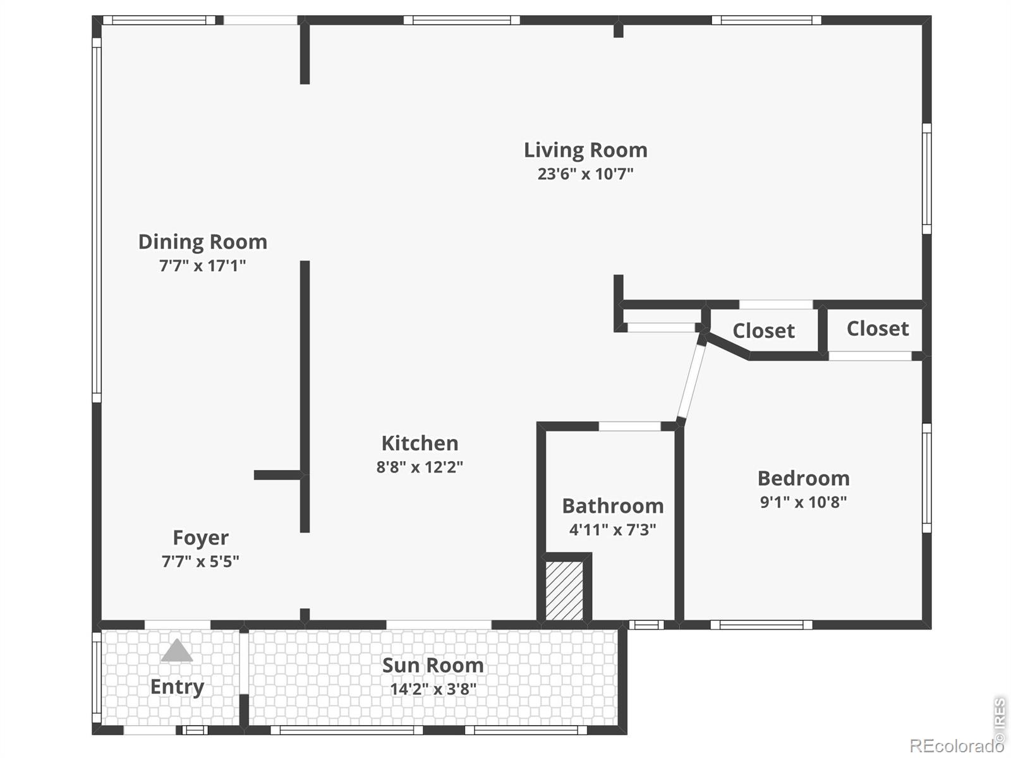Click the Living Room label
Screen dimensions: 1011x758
tap(585, 150)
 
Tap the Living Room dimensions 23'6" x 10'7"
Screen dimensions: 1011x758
tap(585, 174)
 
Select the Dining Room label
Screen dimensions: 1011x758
tap(203, 242)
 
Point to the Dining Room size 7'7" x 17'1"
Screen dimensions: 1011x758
tap(203, 265)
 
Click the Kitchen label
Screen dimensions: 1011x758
tap(420, 443)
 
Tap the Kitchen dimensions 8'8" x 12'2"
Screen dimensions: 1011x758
tap(420, 467)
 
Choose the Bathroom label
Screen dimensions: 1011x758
tap(613, 506)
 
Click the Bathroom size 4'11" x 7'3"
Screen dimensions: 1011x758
tap(612, 530)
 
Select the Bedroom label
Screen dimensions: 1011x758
tap(804, 479)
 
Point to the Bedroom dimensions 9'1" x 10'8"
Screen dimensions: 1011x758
tap(803, 502)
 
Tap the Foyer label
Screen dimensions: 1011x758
tap(201, 538)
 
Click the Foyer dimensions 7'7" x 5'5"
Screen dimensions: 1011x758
tap(200, 562)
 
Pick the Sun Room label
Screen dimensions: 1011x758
tap(433, 666)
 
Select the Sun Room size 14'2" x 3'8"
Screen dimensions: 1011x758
tap(433, 689)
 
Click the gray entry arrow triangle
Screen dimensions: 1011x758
tap(177, 651)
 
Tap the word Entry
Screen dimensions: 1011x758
tap(178, 687)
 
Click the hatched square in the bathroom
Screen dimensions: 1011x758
tap(564, 591)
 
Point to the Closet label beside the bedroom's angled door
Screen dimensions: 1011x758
tap(764, 331)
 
